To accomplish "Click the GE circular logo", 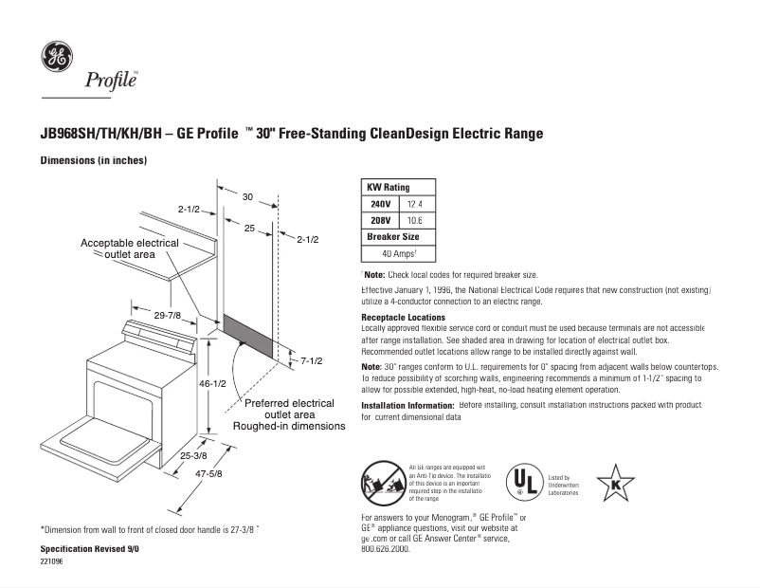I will [56, 57].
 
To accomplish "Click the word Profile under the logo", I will [112, 81].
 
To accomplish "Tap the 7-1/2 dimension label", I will [312, 361].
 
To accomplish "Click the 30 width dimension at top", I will [247, 197].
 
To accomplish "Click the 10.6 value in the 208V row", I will [414, 220].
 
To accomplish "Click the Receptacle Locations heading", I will [404, 317].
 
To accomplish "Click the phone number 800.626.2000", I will [387, 548].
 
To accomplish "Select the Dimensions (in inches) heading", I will [93, 161].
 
